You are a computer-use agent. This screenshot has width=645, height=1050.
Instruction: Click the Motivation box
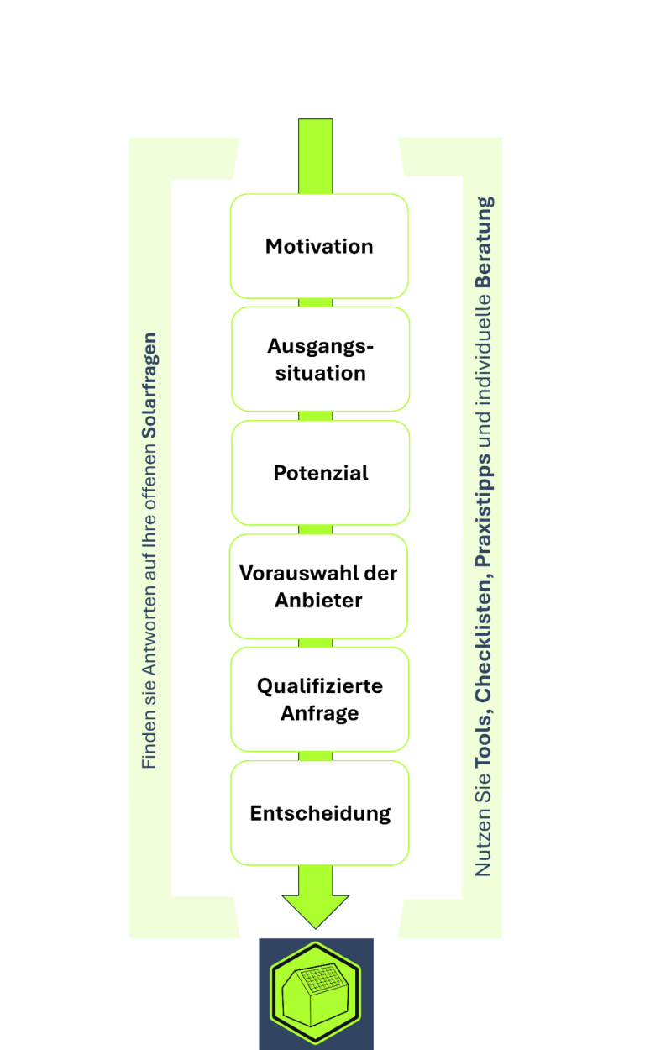[x=319, y=246]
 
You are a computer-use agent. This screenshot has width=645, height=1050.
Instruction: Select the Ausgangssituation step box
[x=319, y=360]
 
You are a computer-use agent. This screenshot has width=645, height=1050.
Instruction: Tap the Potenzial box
[x=320, y=473]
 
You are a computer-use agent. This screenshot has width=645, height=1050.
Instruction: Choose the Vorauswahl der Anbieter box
[x=318, y=586]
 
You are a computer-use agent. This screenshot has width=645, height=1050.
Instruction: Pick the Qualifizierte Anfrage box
[x=319, y=700]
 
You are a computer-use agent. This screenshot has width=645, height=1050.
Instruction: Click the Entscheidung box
[x=320, y=813]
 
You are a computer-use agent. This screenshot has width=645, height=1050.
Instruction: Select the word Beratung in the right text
[x=485, y=243]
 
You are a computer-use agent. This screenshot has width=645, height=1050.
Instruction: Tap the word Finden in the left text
[x=149, y=743]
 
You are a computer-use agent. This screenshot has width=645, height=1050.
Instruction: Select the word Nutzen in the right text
[x=485, y=848]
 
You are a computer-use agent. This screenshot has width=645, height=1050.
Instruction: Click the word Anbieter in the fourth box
[x=318, y=600]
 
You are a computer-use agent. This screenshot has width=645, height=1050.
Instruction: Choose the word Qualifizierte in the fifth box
[x=319, y=686]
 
